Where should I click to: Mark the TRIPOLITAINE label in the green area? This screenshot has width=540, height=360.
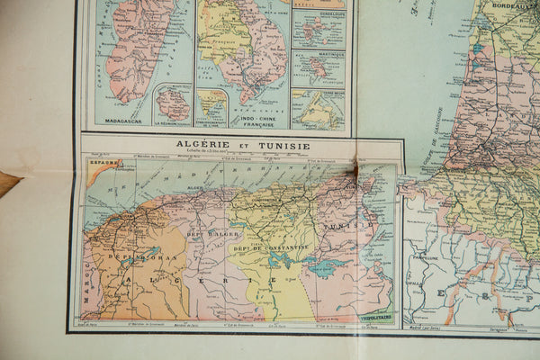point(374,318)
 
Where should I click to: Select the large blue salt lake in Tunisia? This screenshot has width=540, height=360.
point(328,267)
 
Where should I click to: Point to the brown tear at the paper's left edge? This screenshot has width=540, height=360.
point(7,183)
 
